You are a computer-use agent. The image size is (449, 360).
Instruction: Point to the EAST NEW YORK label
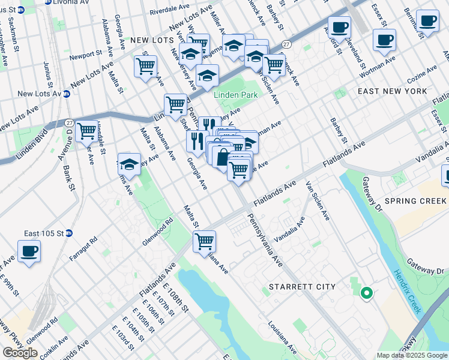click(x=392, y=91)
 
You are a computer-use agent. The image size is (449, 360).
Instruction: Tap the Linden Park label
click(x=236, y=95)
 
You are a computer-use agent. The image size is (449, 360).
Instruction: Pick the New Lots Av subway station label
click(x=40, y=94)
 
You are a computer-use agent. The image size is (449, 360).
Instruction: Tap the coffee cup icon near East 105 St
click(x=29, y=251)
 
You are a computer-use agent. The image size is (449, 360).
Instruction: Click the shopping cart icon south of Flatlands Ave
click(x=204, y=241)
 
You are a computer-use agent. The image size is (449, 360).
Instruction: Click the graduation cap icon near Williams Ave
click(x=129, y=163)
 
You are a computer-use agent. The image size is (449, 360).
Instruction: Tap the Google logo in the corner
click(x=20, y=353)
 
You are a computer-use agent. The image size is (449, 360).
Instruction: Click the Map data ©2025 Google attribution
click(x=412, y=355)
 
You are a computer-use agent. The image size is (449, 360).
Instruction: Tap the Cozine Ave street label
click(x=422, y=76)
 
